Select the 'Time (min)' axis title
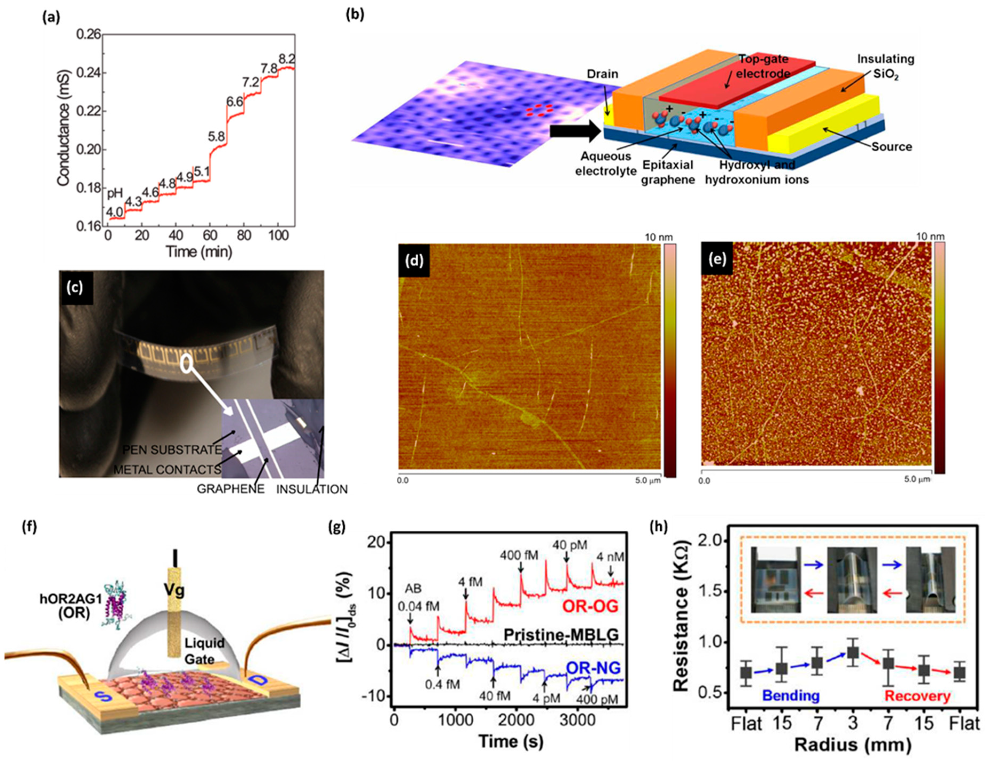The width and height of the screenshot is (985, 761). coord(199,251)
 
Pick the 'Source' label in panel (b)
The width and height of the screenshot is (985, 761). coord(891,147)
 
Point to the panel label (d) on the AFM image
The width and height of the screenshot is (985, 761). coord(414,260)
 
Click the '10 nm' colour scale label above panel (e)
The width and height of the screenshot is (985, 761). coord(930,236)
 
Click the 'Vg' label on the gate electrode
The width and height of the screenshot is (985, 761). coord(174,590)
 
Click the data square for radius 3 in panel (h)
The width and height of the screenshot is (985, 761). coord(852,652)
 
